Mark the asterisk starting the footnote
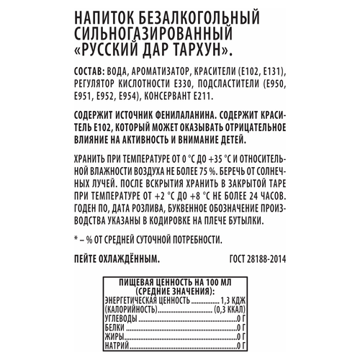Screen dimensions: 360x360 pyautogui.click(x=76, y=239)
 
